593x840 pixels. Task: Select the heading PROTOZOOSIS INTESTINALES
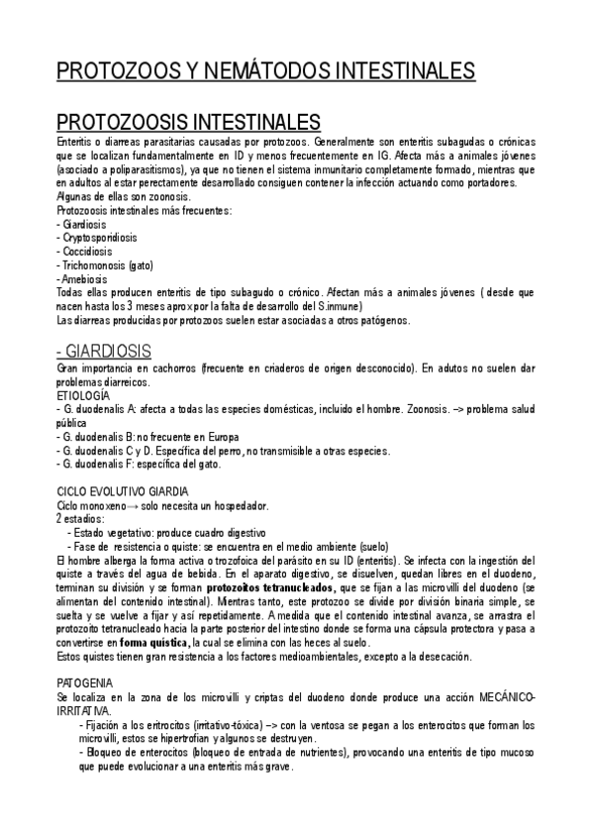188,123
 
